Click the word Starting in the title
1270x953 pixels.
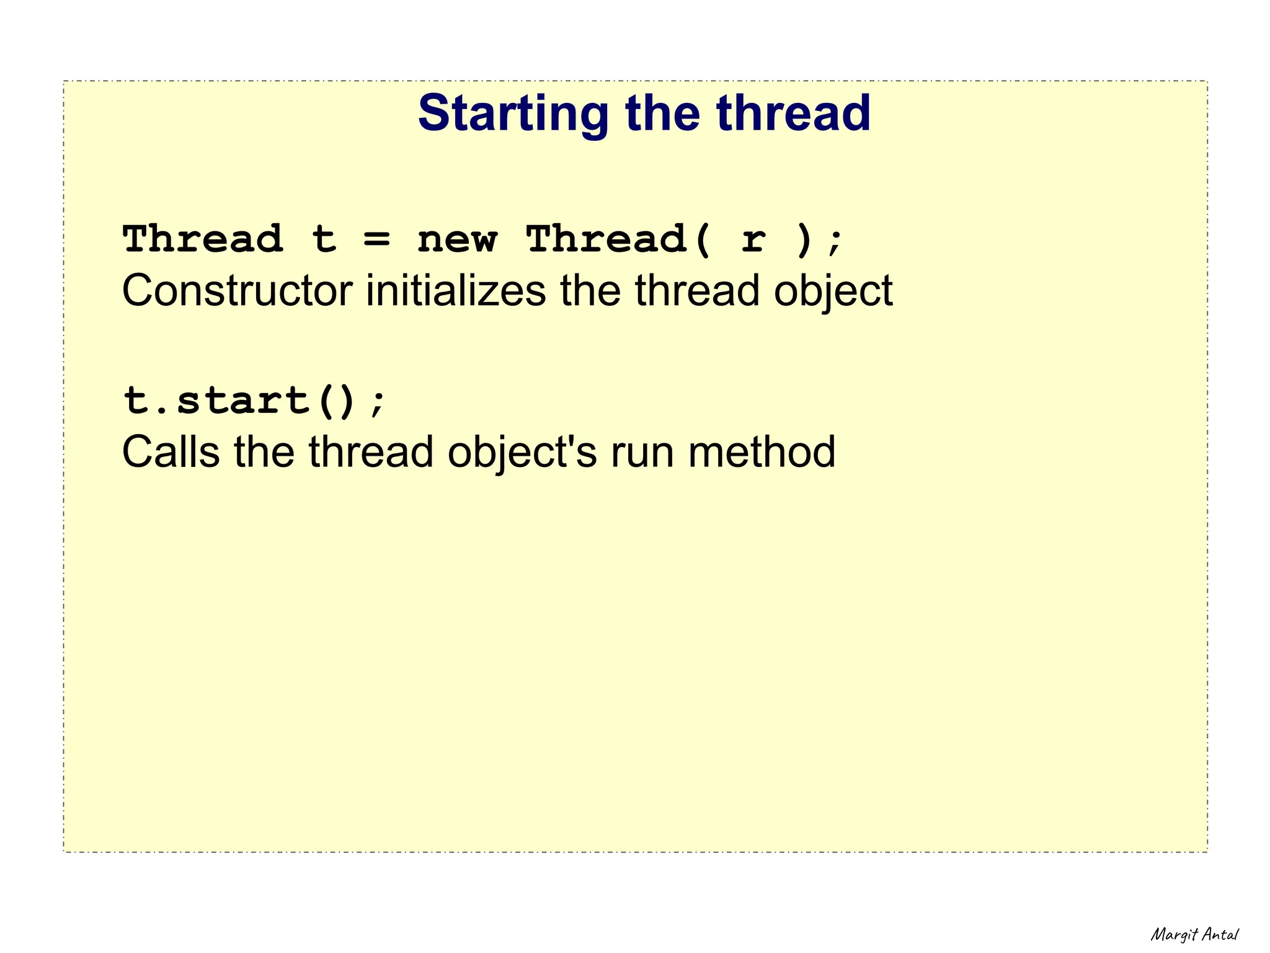[513, 113]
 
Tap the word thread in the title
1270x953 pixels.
[793, 113]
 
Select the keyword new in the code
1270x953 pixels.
[457, 239]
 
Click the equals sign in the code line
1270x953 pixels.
[377, 239]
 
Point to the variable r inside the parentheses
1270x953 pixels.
[753, 239]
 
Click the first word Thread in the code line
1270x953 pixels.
[203, 239]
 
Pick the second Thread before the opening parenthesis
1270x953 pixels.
[606, 239]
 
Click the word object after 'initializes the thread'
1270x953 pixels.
[833, 291]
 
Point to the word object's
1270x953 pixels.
[522, 453]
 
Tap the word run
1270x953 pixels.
[642, 453]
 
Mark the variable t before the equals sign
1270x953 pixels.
[324, 239]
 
